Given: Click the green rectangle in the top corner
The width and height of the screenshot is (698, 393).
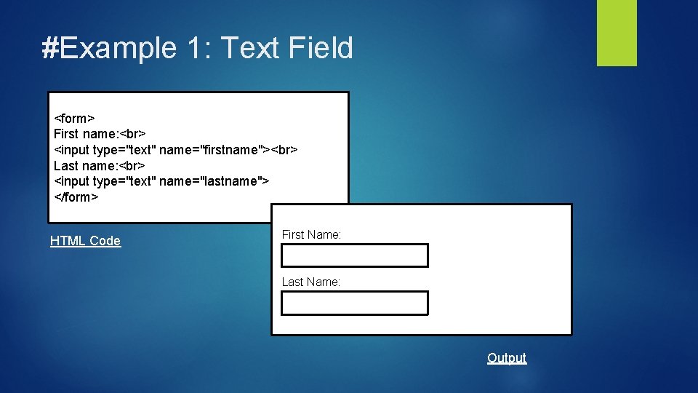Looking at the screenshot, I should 617,33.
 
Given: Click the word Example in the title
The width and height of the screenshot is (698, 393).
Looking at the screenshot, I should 118,48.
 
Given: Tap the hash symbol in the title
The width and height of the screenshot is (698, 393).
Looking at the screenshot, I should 50,48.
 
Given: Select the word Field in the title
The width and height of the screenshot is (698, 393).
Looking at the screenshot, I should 321,48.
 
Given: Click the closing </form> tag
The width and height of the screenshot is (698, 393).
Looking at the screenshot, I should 76,197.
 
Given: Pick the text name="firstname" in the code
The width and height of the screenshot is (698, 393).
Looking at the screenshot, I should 212,150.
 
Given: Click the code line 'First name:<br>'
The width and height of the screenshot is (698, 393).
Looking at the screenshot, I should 100,134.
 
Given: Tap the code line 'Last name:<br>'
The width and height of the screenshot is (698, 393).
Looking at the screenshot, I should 100,165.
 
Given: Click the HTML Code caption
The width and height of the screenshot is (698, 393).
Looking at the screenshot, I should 85,241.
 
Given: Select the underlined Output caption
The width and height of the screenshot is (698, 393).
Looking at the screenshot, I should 507,358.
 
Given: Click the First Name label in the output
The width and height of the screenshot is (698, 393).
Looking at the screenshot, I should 311,234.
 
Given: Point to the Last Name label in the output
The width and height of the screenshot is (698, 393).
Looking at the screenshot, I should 310,282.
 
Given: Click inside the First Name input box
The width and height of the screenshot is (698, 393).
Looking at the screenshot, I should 355,256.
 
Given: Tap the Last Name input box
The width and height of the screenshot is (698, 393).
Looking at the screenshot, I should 355,303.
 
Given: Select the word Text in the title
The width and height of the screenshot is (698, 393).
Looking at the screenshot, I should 249,48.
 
